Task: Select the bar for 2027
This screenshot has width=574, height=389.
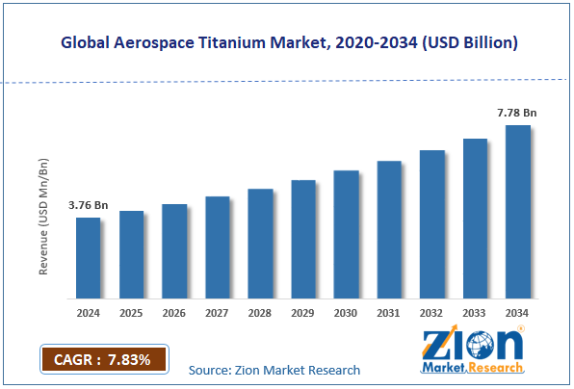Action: [218, 246]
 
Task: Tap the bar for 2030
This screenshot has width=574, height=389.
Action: [346, 233]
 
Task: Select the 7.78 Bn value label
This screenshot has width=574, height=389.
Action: [517, 113]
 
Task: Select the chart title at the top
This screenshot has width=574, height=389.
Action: [287, 43]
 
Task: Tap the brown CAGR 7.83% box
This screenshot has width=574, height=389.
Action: [103, 360]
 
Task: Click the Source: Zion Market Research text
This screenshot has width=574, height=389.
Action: [274, 370]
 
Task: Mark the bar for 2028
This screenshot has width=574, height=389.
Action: [260, 242]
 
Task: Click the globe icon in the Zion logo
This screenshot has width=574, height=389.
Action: [505, 344]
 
